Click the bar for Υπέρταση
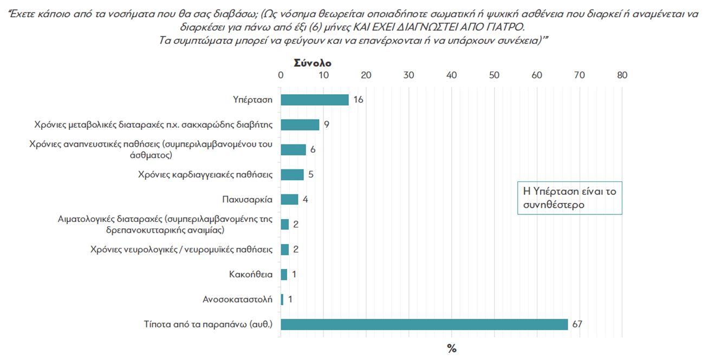coord(314,100)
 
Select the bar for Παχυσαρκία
coord(289,199)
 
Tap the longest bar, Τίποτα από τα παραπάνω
coord(424,324)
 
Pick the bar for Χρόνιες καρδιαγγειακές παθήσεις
coord(292,174)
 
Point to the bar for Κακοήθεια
coord(284,274)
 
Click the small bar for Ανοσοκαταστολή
coord(282,299)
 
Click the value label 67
coord(577,324)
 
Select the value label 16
coord(358,100)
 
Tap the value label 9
coord(327,125)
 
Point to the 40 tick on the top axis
coord(451,75)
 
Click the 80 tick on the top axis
coord(622,75)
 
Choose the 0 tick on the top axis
coord(280,75)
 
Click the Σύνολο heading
coord(312,63)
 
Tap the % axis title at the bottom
coord(451,349)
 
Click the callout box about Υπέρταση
coord(569,198)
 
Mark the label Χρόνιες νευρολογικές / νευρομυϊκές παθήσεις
coord(181,250)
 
